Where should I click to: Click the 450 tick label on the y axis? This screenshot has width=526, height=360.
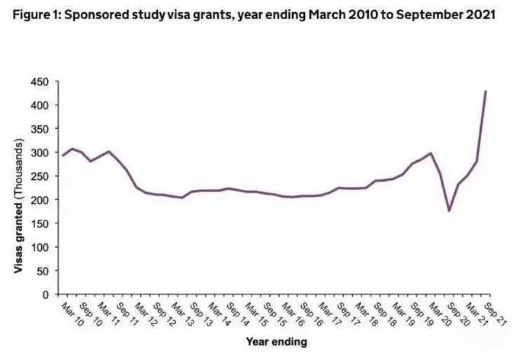[x=39, y=82]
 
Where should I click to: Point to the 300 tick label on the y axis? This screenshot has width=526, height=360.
[x=39, y=153]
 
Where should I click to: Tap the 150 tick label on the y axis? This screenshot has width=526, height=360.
[x=39, y=223]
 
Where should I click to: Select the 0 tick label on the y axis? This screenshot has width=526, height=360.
[x=46, y=294]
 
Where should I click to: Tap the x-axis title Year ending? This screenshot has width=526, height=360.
[x=276, y=341]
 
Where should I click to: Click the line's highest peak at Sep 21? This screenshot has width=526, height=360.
[x=486, y=91]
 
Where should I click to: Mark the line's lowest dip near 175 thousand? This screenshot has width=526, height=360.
[x=449, y=211]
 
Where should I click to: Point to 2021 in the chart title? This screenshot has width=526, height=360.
[x=479, y=15]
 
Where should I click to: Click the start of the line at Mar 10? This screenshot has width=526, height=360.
[x=63, y=156]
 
